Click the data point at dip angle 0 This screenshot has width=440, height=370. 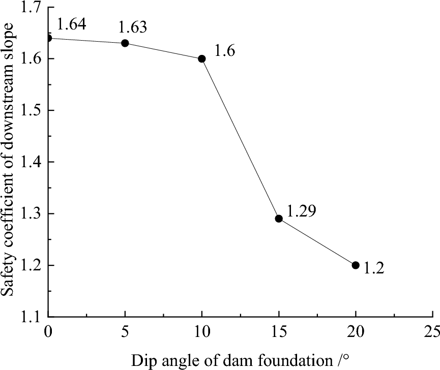click(48, 38)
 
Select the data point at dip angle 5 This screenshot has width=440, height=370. click(125, 43)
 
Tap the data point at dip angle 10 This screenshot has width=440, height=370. click(202, 58)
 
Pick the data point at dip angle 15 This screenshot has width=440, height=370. click(279, 219)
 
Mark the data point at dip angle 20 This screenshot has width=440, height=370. click(356, 265)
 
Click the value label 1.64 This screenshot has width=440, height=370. click(72, 23)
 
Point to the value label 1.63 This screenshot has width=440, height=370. click(133, 26)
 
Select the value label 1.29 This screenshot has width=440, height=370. click(302, 210)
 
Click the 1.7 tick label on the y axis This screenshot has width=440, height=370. click(32, 8)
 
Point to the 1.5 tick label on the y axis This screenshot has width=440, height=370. click(32, 111)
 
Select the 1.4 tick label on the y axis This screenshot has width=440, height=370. click(32, 162)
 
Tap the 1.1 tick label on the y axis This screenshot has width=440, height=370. click(32, 317)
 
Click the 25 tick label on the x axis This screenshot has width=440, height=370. click(432, 332)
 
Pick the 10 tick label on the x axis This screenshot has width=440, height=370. click(202, 332)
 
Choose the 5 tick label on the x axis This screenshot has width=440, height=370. click(125, 332)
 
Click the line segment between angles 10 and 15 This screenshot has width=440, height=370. click(240, 138)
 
